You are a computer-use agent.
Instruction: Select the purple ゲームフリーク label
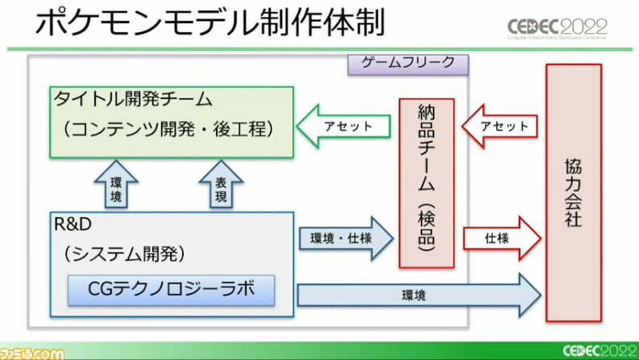click(x=409, y=63)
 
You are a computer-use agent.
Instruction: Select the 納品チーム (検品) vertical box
click(x=426, y=182)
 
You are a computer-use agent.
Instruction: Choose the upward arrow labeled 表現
click(x=221, y=184)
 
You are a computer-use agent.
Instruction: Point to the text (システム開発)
click(x=125, y=254)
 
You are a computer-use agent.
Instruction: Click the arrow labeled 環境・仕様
click(x=345, y=239)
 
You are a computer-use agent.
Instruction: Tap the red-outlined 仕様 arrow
click(x=499, y=239)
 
